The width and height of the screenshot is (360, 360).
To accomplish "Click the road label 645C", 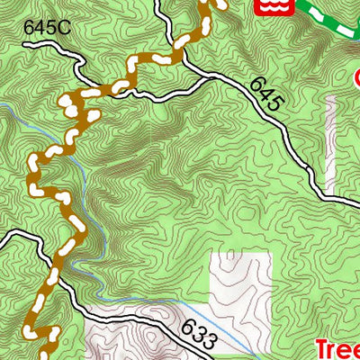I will [45, 28].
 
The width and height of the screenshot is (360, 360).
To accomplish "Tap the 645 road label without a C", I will [267, 94].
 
